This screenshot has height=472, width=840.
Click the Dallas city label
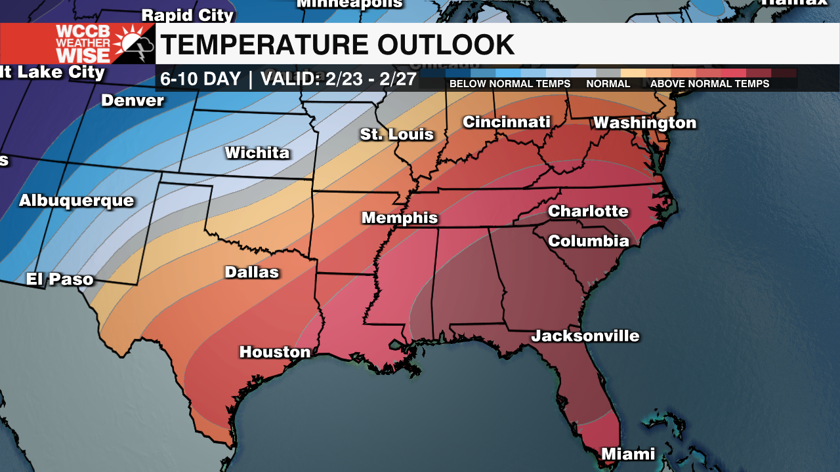[252, 272]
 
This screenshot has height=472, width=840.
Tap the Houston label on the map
[275, 352]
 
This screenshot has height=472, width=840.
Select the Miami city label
[628, 454]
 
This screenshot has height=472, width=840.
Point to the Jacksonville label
[585, 336]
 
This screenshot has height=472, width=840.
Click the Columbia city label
[589, 241]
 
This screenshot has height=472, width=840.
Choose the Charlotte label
[588, 211]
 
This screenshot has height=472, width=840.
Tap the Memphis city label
[400, 218]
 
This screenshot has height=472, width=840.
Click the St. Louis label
[397, 134]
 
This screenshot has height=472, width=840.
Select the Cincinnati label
[506, 122]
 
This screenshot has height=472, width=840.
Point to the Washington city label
[644, 123]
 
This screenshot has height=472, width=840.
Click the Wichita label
[257, 153]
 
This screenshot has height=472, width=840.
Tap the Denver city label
[133, 100]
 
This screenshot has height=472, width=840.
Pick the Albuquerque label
[76, 201]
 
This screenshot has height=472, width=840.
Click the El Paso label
[60, 279]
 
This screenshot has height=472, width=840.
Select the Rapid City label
[188, 14]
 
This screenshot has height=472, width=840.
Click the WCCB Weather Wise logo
[77, 44]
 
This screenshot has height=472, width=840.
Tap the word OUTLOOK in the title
[446, 45]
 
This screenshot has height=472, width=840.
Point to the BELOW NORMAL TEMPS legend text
[510, 84]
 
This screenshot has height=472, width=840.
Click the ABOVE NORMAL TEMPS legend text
[709, 84]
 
